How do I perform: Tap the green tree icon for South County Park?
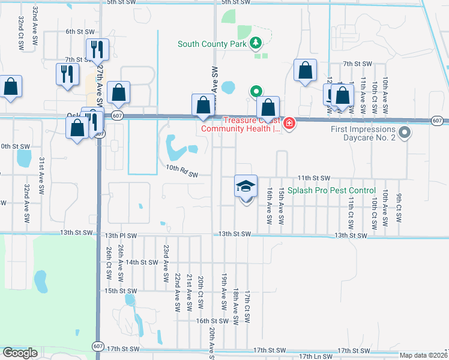point(256,43)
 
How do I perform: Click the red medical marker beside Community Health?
point(289,124)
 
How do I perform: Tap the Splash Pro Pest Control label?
point(331,190)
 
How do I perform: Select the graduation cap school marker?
point(246,187)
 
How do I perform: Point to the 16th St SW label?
point(212,321)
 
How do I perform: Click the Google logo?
point(20,353)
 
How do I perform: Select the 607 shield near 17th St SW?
point(98,346)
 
